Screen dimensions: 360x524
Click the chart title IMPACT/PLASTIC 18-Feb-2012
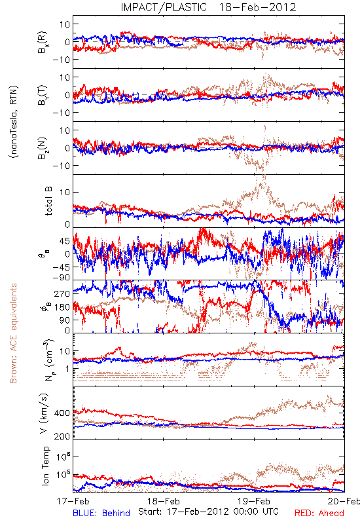point(208,7)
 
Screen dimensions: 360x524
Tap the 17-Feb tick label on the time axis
point(73,501)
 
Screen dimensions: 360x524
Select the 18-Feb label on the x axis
point(164,501)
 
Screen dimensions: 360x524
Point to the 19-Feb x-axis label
point(254,501)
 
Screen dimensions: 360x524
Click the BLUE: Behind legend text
point(101,513)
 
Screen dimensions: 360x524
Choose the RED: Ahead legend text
point(319,513)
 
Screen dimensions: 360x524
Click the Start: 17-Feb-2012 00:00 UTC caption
point(208,512)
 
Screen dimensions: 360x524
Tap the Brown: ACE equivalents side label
point(13,333)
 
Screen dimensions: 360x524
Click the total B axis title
point(48,201)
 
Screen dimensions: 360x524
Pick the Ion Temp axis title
point(45,466)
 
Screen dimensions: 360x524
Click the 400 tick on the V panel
point(62,413)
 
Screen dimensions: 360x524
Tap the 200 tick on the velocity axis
point(62,436)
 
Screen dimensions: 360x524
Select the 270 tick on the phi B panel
point(62,293)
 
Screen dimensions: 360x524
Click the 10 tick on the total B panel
point(65,192)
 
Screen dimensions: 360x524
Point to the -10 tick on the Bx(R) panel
point(61,60)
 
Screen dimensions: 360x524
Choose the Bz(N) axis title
point(43,148)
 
